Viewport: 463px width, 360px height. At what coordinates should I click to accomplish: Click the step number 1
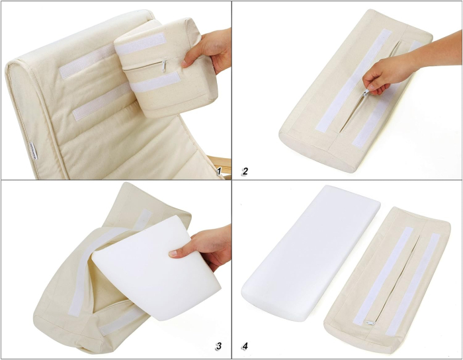click(218, 171)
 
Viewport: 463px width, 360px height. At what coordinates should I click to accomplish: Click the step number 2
click(245, 171)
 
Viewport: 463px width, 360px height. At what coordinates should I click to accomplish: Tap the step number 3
click(218, 345)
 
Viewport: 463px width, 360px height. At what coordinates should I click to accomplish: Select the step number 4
click(245, 345)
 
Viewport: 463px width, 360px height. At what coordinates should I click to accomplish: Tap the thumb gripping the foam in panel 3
click(177, 252)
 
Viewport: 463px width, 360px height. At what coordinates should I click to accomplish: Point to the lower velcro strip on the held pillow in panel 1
click(155, 83)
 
